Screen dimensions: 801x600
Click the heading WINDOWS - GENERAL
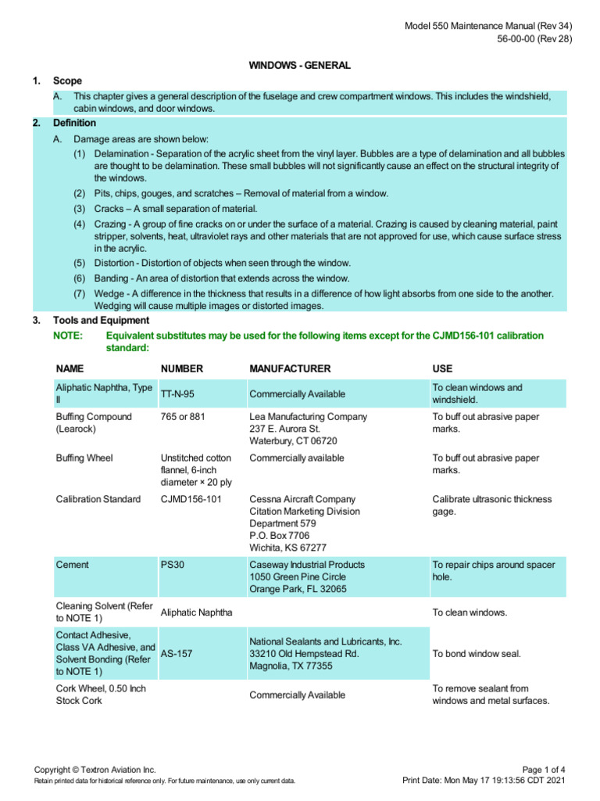pyautogui.click(x=299, y=66)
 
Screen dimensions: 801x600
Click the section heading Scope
pyautogui.click(x=67, y=81)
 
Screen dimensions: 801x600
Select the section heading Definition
pyautogui.click(x=74, y=123)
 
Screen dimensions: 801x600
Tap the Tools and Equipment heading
pyautogui.click(x=101, y=320)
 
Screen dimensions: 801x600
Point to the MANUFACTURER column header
pyautogui.click(x=290, y=368)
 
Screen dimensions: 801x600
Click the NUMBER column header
pyautogui.click(x=182, y=368)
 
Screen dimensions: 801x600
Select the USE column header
pyautogui.click(x=442, y=368)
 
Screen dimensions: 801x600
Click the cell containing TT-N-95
pyautogui.click(x=177, y=394)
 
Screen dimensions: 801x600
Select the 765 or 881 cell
pyautogui.click(x=183, y=417)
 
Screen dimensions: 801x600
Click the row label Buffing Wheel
pyautogui.click(x=84, y=458)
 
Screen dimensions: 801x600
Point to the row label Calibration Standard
pyautogui.click(x=98, y=499)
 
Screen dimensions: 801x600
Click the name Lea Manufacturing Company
pyautogui.click(x=308, y=417)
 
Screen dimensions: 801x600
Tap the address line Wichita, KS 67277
pyautogui.click(x=287, y=548)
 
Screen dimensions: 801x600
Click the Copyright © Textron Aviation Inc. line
pyautogui.click(x=95, y=770)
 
